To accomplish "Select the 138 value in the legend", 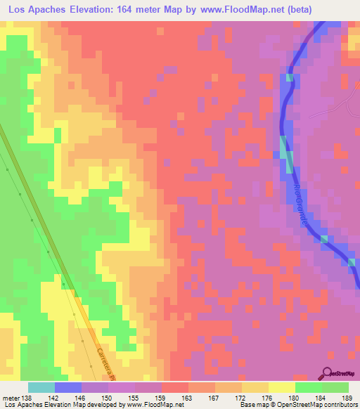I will (27, 398).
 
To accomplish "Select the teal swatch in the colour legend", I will (41, 388).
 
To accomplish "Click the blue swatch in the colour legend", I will (68, 388).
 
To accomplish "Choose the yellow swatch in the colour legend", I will (281, 388).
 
